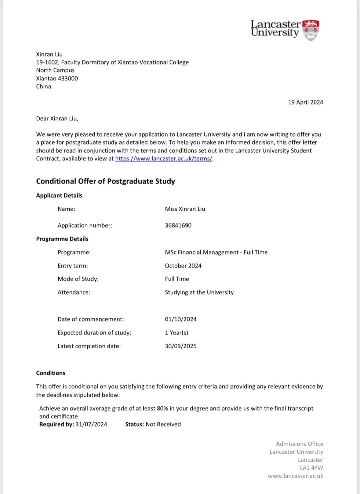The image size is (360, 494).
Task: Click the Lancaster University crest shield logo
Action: click(311, 30)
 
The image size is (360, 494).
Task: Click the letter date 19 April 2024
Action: click(305, 102)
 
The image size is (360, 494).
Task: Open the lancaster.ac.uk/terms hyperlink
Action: click(164, 159)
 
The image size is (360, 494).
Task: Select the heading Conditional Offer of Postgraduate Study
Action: click(105, 181)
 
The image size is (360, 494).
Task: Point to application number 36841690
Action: click(178, 225)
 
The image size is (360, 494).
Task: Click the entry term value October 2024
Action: click(183, 266)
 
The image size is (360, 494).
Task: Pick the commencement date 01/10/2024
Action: click(180, 319)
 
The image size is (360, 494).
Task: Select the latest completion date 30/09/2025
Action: click(180, 346)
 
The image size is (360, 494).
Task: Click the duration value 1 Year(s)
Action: click(176, 333)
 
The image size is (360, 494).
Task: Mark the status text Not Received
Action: click(163, 424)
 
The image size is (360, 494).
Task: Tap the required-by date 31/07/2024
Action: click(91, 424)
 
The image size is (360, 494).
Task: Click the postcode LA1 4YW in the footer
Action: click(311, 468)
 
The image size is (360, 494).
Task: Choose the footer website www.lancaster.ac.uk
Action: click(295, 476)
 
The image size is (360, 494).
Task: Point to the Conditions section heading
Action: click(51, 373)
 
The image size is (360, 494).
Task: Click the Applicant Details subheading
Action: click(59, 195)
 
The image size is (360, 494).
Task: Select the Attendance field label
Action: click(74, 293)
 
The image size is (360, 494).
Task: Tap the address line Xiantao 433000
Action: click(57, 78)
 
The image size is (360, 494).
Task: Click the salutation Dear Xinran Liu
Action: click(57, 118)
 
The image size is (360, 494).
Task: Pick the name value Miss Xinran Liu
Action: click(185, 209)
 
